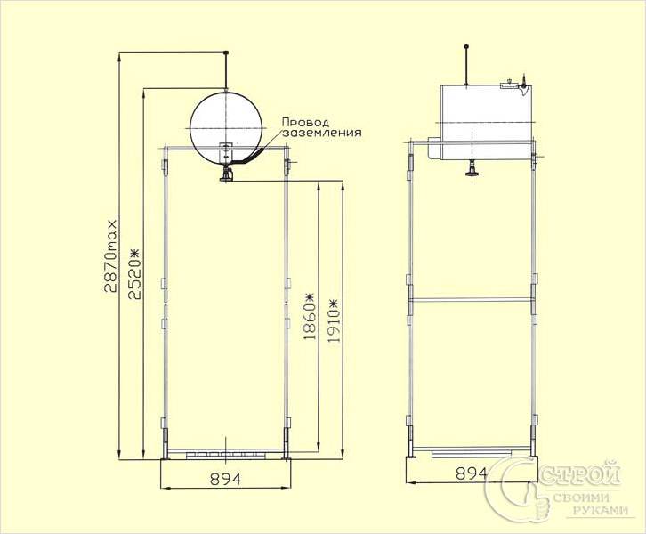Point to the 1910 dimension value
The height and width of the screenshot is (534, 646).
[x=335, y=330]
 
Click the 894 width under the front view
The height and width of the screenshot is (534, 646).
[x=226, y=478]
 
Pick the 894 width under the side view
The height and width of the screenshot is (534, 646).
[x=472, y=473]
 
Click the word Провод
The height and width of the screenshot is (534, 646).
[x=305, y=122]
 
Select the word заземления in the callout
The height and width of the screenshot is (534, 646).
[x=321, y=133]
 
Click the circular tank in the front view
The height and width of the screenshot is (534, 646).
[x=228, y=125]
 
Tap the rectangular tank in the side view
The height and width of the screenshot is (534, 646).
[x=485, y=114]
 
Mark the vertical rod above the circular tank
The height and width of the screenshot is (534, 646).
[x=228, y=69]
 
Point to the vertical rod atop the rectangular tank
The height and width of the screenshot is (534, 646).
[x=469, y=64]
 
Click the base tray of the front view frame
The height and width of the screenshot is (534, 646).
[x=226, y=455]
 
